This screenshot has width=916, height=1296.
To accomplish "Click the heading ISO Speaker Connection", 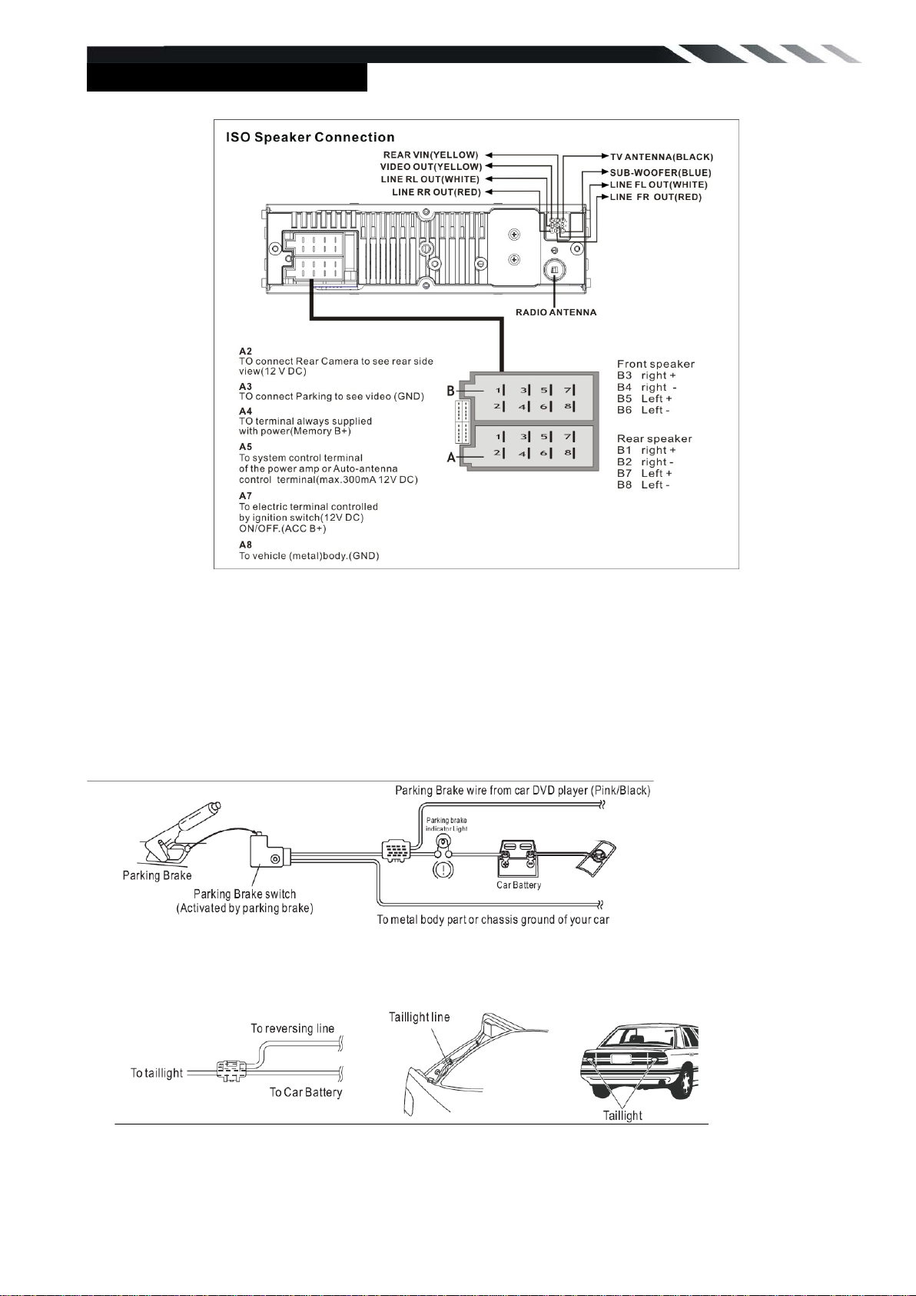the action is [x=310, y=138].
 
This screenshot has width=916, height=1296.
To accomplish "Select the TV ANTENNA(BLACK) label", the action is [x=662, y=157].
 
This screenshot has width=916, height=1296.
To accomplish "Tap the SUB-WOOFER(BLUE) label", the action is [x=660, y=173].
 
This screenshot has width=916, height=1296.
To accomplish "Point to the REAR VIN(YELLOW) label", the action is [x=430, y=155].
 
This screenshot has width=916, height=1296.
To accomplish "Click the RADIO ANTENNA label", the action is [x=556, y=312].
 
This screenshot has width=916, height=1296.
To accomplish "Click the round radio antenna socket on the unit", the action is [x=555, y=270].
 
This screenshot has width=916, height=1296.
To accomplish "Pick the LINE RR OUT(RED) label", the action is [x=436, y=192].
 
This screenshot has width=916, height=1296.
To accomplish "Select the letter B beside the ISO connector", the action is [x=452, y=391].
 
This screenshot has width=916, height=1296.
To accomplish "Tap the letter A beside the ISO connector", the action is [x=452, y=458].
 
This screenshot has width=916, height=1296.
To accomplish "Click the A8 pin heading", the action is [x=245, y=545].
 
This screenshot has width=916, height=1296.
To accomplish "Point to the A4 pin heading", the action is [x=245, y=411].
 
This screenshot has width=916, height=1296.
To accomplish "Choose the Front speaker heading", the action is [x=655, y=364].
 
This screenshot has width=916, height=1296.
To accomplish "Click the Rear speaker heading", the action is [x=654, y=438].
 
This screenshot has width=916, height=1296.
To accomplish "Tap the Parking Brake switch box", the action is [x=267, y=853].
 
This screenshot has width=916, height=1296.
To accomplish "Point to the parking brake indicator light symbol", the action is [x=443, y=869].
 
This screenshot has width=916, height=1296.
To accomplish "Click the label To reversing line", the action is [x=292, y=1028].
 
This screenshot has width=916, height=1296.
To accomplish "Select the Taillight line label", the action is [x=419, y=1017].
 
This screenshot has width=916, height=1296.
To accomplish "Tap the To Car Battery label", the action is [x=305, y=1092].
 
